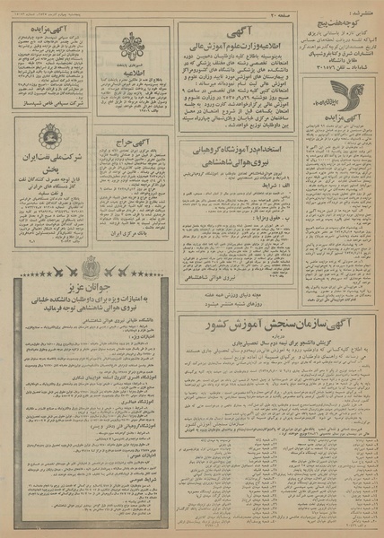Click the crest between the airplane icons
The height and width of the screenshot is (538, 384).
[x=91, y=265]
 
